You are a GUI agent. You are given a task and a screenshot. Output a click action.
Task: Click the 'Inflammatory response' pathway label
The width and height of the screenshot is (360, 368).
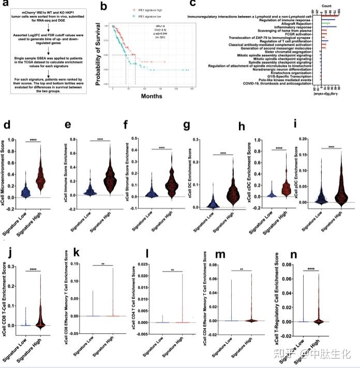click(x=295, y=28)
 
